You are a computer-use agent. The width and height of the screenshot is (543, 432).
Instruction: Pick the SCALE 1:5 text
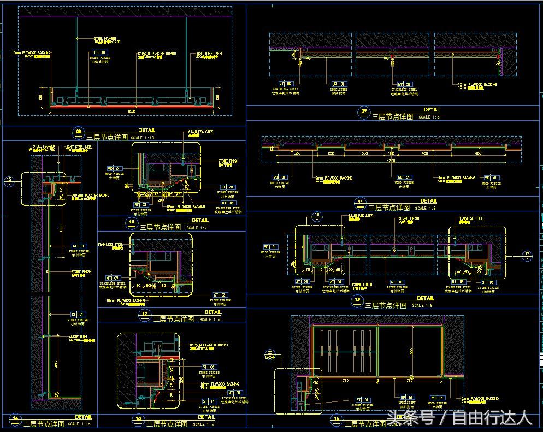tap(429, 117)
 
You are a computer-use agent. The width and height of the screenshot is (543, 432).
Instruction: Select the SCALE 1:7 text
tap(193, 228)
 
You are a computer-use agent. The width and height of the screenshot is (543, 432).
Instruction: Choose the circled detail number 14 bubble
tap(15, 419)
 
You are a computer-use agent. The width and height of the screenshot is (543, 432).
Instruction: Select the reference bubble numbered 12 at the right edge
tap(527, 253)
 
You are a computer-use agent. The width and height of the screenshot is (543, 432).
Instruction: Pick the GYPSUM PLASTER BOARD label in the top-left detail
tap(156, 54)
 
